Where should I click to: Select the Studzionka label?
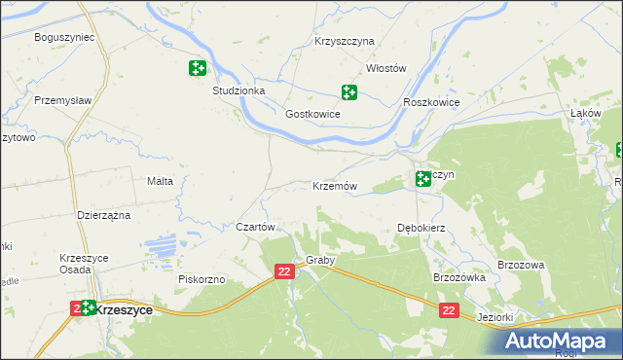pyautogui.click(x=238, y=90)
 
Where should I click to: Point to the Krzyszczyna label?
pyautogui.click(x=345, y=42)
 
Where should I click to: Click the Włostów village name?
pyautogui.click(x=385, y=68)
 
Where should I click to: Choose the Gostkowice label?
pyautogui.click(x=311, y=114)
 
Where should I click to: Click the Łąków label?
pyautogui.click(x=583, y=113)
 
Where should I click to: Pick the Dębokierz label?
pyautogui.click(x=421, y=228)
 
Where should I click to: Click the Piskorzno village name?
pyautogui.click(x=202, y=279)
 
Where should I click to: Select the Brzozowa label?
pyautogui.click(x=520, y=265)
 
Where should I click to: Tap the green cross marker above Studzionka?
pyautogui.click(x=197, y=68)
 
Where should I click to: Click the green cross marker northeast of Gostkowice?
pyautogui.click(x=348, y=92)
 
